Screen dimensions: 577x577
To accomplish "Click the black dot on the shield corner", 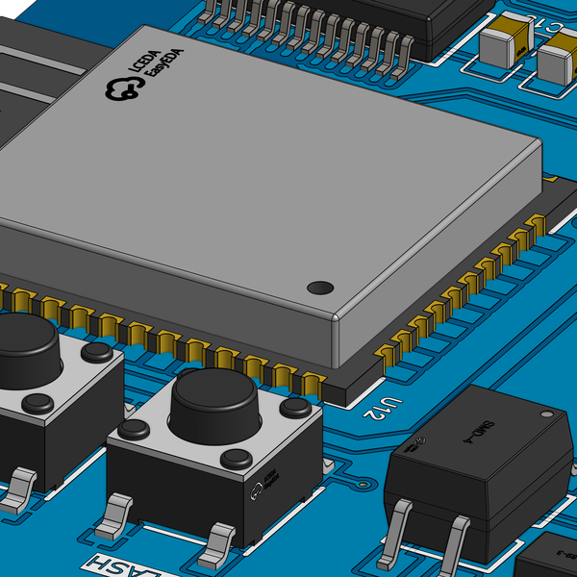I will (x=319, y=287).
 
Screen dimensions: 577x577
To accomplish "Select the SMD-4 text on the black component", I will (x=478, y=434).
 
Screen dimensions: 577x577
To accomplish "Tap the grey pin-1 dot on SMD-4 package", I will (x=547, y=414).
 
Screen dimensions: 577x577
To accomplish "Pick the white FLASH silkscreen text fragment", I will (x=111, y=566).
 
